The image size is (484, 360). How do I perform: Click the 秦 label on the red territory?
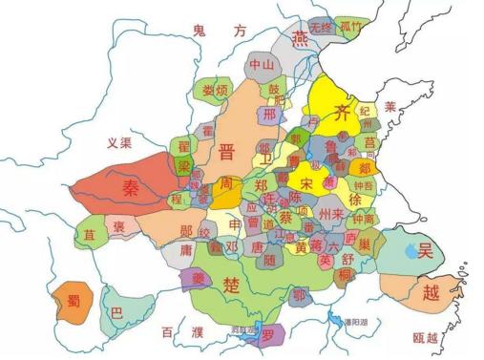pos(130,187)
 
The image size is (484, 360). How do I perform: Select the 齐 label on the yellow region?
pos(341,114)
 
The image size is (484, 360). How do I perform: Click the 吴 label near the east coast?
pos(426,250)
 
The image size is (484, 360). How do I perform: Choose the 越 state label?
pos(431,292)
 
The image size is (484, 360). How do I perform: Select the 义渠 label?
pos(117,143)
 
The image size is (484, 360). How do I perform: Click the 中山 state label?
pos(261,64)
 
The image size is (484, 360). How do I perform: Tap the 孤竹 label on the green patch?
pos(354,28)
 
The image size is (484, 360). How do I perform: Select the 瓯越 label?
pos(426,337)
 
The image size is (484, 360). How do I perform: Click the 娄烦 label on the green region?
pos(216,89)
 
